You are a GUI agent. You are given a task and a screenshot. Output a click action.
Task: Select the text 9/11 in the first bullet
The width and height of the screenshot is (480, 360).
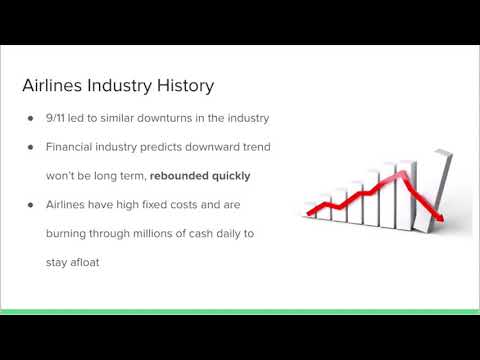[x=59, y=120]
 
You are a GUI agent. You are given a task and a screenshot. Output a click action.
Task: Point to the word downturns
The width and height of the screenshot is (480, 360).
[x=174, y=120]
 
